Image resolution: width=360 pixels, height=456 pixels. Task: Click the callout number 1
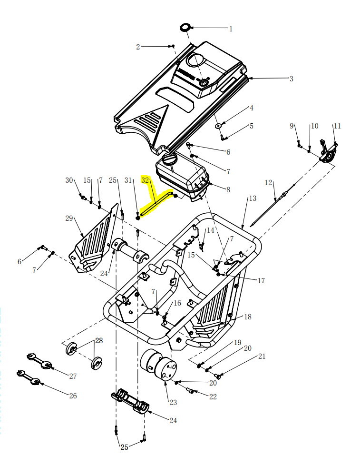[231, 29]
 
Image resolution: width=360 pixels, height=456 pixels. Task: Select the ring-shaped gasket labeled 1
[185, 27]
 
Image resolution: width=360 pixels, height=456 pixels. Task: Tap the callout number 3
[291, 79]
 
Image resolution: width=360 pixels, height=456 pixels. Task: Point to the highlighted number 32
[146, 181]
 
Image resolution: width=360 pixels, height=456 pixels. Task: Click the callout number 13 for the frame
[252, 198]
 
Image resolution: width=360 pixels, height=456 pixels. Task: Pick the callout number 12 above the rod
[269, 182]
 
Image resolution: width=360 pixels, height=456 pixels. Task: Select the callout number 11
[337, 126]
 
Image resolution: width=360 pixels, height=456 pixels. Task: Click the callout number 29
[69, 218]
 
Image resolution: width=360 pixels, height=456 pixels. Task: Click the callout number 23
[173, 403]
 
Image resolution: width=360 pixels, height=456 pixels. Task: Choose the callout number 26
[72, 396]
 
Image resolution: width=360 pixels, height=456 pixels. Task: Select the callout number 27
[72, 376]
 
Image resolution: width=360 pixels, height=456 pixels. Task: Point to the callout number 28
[98, 340]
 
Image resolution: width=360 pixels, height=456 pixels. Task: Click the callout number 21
[262, 356]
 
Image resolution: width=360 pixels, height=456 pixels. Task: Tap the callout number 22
[213, 397]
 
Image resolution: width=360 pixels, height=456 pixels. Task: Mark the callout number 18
[247, 317]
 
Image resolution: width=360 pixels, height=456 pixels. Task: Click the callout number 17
[261, 281]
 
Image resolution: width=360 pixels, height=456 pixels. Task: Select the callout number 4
[252, 108]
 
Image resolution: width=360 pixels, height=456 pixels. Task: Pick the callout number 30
[69, 180]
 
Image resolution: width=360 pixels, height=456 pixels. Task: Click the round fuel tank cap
[169, 159]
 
